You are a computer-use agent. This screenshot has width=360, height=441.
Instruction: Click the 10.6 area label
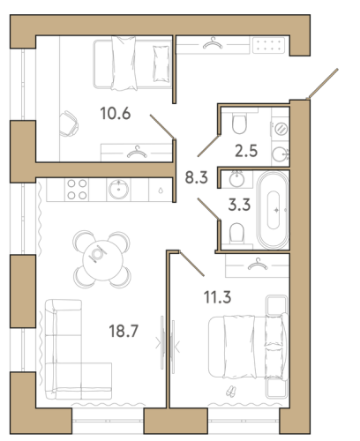pyautogui.click(x=116, y=114)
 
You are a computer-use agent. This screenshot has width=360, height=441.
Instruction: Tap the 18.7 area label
pyautogui.click(x=124, y=331)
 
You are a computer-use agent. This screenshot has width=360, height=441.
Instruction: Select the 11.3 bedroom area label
pyautogui.click(x=218, y=297)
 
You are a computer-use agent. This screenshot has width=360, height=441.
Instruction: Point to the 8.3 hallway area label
pyautogui.click(x=196, y=177)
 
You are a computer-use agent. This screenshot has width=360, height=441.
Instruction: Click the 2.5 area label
pyautogui.click(x=246, y=151)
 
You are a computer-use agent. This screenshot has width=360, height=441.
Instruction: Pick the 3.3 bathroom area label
pyautogui.click(x=239, y=205)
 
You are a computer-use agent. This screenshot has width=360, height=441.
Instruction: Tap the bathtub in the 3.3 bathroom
pyautogui.click(x=274, y=210)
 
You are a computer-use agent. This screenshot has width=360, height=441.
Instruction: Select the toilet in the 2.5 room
pyautogui.click(x=239, y=123)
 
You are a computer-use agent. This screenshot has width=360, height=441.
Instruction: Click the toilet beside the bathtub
pyautogui.click(x=236, y=233)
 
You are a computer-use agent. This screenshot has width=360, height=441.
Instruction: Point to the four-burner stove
pyautogui.click(x=77, y=190)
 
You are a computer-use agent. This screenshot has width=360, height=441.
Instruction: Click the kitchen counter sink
pyautogui.click(x=118, y=190)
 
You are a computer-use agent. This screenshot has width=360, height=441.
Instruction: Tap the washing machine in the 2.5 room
pyautogui.click(x=281, y=129)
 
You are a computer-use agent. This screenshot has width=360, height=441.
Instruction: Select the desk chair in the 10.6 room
pyautogui.click(x=69, y=123)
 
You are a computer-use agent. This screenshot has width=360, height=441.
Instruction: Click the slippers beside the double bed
pyautogui.click(x=231, y=392)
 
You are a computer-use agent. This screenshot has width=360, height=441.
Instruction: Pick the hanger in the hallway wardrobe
pyautogui.click(x=213, y=43)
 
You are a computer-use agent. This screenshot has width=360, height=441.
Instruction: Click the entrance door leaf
pyautogui.click(x=322, y=84)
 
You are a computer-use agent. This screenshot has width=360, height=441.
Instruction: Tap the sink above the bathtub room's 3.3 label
pyautogui.click(x=236, y=179)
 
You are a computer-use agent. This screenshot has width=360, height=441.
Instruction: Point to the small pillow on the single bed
pyautogui.click(x=161, y=64)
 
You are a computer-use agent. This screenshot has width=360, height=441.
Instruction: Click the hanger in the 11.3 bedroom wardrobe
pyautogui.click(x=258, y=264)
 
